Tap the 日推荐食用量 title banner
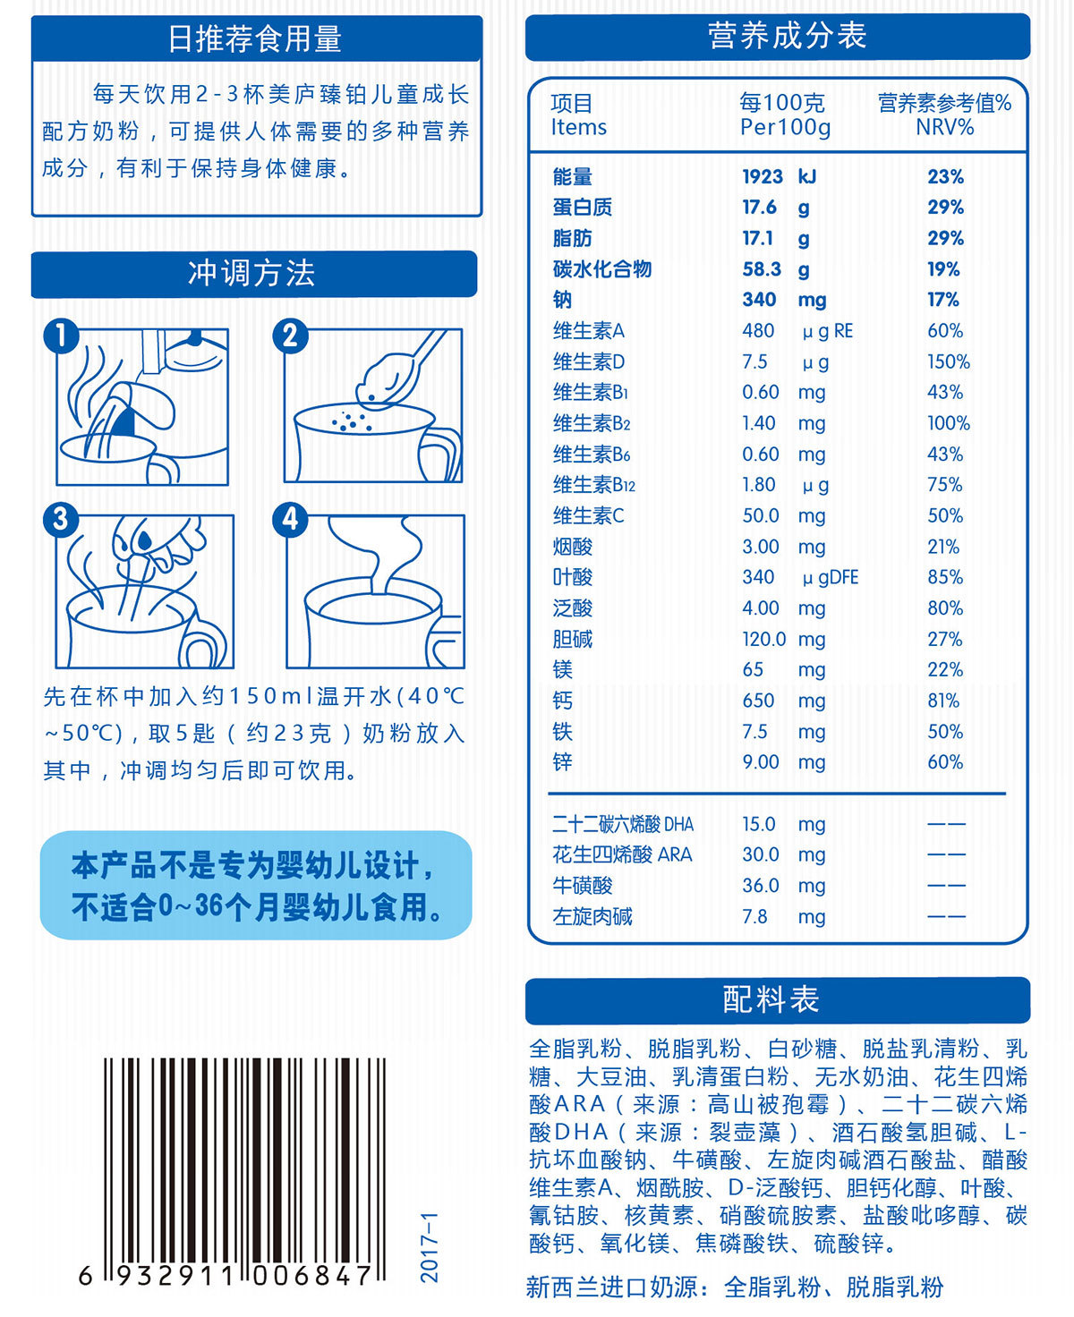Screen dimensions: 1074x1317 click(x=256, y=38)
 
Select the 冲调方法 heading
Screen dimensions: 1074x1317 click(x=251, y=274)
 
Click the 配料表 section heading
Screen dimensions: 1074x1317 click(x=771, y=999)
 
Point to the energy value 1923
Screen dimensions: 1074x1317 click(x=763, y=177)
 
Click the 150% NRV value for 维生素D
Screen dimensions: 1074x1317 click(x=948, y=361)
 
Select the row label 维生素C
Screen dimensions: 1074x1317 click(x=588, y=516)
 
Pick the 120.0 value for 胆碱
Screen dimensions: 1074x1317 click(x=763, y=639)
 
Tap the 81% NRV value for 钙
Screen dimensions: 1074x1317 click(x=942, y=701)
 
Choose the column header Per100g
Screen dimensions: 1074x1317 click(x=785, y=127)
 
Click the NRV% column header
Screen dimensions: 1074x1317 click(x=944, y=127)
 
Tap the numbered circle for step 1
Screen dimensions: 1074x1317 click(x=61, y=336)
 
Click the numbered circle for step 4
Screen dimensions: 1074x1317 click(x=290, y=520)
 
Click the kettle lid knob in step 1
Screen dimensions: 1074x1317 click(x=195, y=338)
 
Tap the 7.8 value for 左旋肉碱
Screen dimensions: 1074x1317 click(x=754, y=917)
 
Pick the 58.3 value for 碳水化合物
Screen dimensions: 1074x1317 click(x=761, y=269)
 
